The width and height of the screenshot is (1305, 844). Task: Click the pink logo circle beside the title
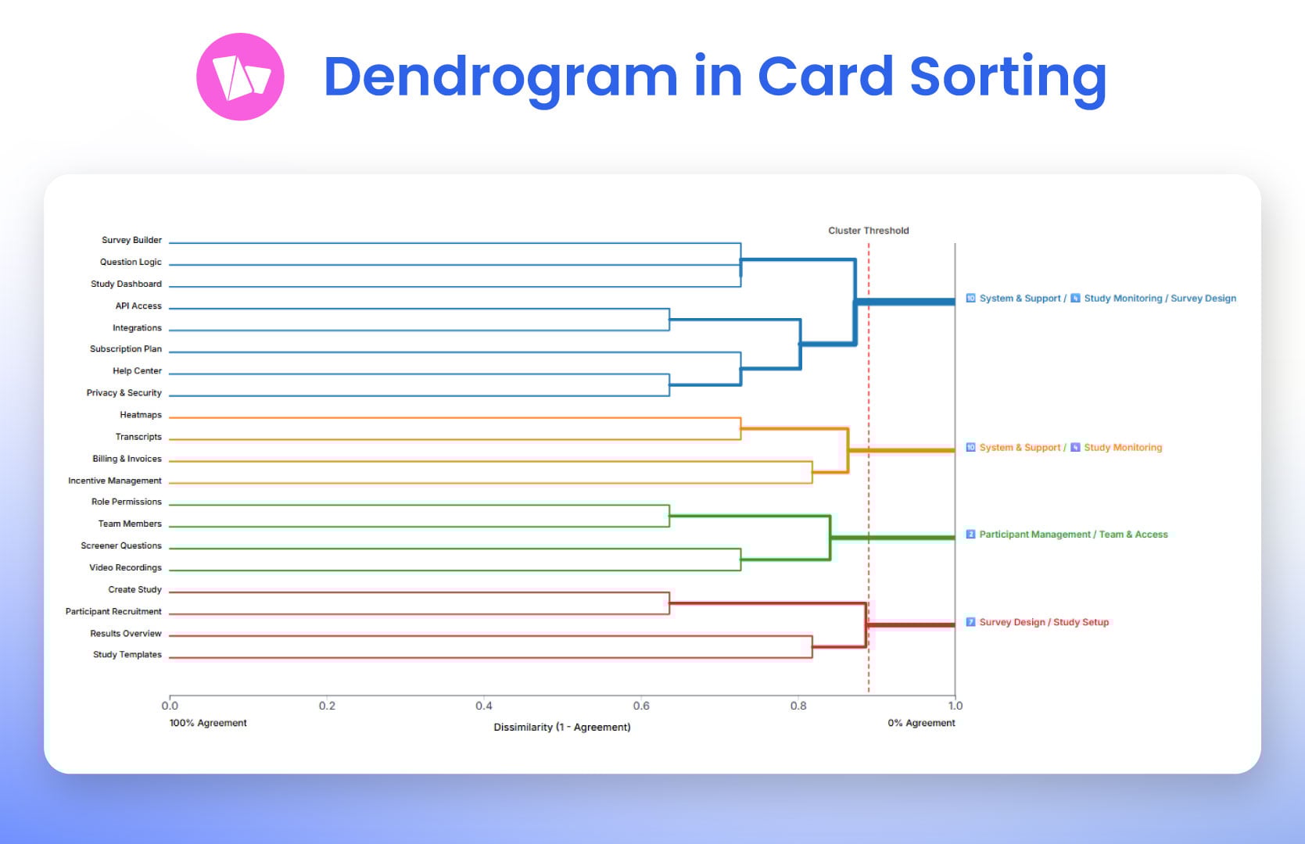click(240, 77)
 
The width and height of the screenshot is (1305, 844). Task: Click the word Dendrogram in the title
click(500, 77)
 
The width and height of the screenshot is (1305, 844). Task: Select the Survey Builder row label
click(131, 240)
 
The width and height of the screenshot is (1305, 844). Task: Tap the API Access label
click(138, 306)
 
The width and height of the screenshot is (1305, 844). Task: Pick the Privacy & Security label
click(124, 393)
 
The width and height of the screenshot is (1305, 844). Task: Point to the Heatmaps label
click(141, 415)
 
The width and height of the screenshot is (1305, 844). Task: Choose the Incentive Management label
click(115, 481)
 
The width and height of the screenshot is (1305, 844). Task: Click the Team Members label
click(130, 524)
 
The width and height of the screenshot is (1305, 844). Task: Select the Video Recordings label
click(125, 567)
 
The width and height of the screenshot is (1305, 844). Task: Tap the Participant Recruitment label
click(113, 611)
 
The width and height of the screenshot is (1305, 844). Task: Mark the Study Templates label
click(127, 655)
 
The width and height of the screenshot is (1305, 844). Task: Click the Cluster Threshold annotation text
click(868, 231)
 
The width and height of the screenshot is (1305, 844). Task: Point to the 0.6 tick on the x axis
click(641, 706)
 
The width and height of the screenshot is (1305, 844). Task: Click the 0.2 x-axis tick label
click(327, 706)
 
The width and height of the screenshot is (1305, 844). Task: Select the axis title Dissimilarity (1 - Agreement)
click(561, 727)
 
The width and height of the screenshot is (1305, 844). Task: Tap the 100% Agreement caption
click(208, 723)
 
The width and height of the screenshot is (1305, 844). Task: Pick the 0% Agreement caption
click(921, 723)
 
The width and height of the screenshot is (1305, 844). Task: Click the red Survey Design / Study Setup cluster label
click(1043, 622)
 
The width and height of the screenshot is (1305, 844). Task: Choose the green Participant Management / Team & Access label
click(1073, 535)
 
